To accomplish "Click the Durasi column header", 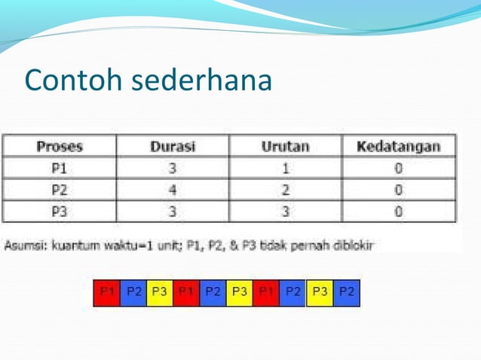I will [x=173, y=146].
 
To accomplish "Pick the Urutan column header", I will [x=285, y=146].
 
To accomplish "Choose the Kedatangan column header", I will [x=398, y=146].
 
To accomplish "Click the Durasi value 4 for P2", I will [x=173, y=190].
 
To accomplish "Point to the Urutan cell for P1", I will [x=285, y=168].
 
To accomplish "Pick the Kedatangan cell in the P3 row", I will [x=398, y=212].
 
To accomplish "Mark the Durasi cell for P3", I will [x=173, y=212].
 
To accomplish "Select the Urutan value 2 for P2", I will [x=285, y=190].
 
